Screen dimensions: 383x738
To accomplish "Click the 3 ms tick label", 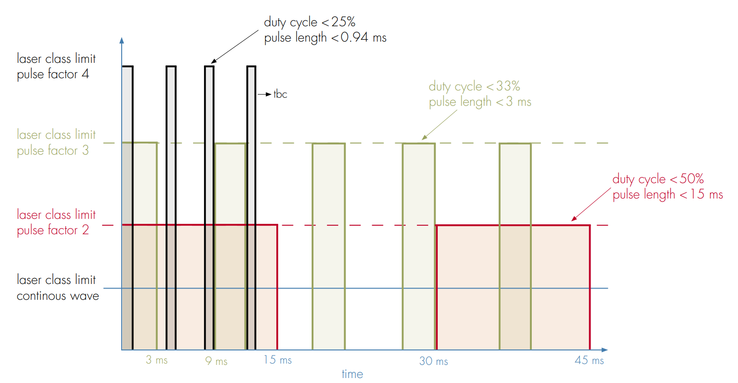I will coord(156,360).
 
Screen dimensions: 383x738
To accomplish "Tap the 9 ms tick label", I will coord(216,361).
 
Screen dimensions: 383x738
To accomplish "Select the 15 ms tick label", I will coord(278,360).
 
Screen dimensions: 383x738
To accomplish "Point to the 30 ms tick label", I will coord(433,361).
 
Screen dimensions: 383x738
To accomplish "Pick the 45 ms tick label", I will coord(589,360).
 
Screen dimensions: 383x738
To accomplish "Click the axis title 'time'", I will coord(352,374).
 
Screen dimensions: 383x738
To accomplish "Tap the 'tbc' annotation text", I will coord(280,94).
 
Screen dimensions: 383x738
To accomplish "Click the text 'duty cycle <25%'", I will coord(310,22).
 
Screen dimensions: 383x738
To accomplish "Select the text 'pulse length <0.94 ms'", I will coord(325,38).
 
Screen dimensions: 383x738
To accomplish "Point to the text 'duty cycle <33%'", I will coord(474,86).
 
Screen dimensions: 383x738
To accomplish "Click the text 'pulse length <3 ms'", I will coord(480,102).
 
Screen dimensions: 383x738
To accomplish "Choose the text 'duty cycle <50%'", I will coord(658,179).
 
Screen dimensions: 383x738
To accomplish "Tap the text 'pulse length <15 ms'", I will coord(667,195).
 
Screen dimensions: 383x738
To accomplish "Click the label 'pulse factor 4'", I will coord(53,74).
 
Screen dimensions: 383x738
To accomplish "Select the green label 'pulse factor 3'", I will coord(53,151).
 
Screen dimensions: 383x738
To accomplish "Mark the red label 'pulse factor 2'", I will coord(53,230).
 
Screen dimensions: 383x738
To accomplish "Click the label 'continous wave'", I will coord(58,296).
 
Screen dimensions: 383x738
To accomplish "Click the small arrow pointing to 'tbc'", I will coord(264,94).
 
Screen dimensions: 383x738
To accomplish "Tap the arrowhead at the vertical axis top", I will coord(122,40).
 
